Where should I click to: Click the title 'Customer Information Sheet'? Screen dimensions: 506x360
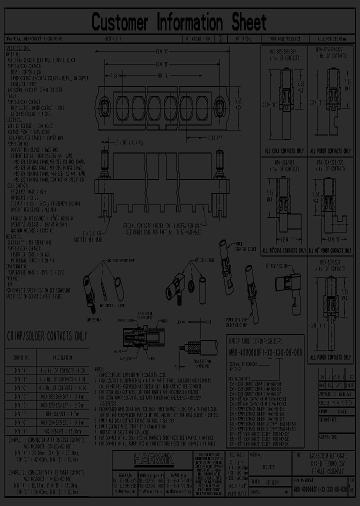(x=179, y=22)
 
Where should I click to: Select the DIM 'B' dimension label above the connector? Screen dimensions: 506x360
(x=161, y=64)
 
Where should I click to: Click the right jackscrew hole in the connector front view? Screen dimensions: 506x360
(x=219, y=107)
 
